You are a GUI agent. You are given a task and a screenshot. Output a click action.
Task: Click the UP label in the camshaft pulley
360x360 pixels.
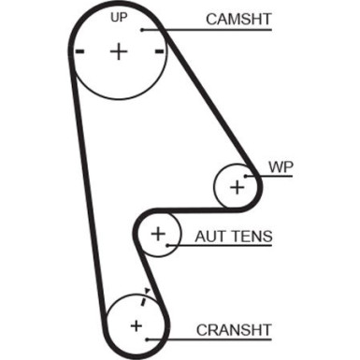click(x=118, y=18)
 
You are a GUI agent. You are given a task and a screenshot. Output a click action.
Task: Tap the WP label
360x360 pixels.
click(x=281, y=166)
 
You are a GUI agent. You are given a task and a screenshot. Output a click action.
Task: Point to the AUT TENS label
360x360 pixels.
click(x=234, y=237)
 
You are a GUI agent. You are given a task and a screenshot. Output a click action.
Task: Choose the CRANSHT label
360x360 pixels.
click(x=234, y=329)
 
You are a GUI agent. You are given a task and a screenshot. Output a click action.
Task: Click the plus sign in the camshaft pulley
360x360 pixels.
click(x=118, y=51)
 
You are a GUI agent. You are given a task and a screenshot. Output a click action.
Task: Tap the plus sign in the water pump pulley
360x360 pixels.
click(x=237, y=186)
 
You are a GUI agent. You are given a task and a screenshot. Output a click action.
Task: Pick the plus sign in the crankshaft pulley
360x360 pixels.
click(x=137, y=325)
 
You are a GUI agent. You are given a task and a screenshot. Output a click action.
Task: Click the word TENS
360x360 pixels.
click(x=252, y=237)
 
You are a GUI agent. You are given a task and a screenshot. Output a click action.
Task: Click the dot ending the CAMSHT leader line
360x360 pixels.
click(x=141, y=29)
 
